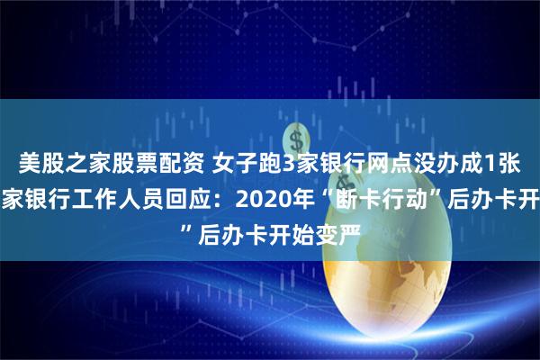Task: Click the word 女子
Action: coord(235,164)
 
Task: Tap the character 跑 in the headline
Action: coord(269,164)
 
